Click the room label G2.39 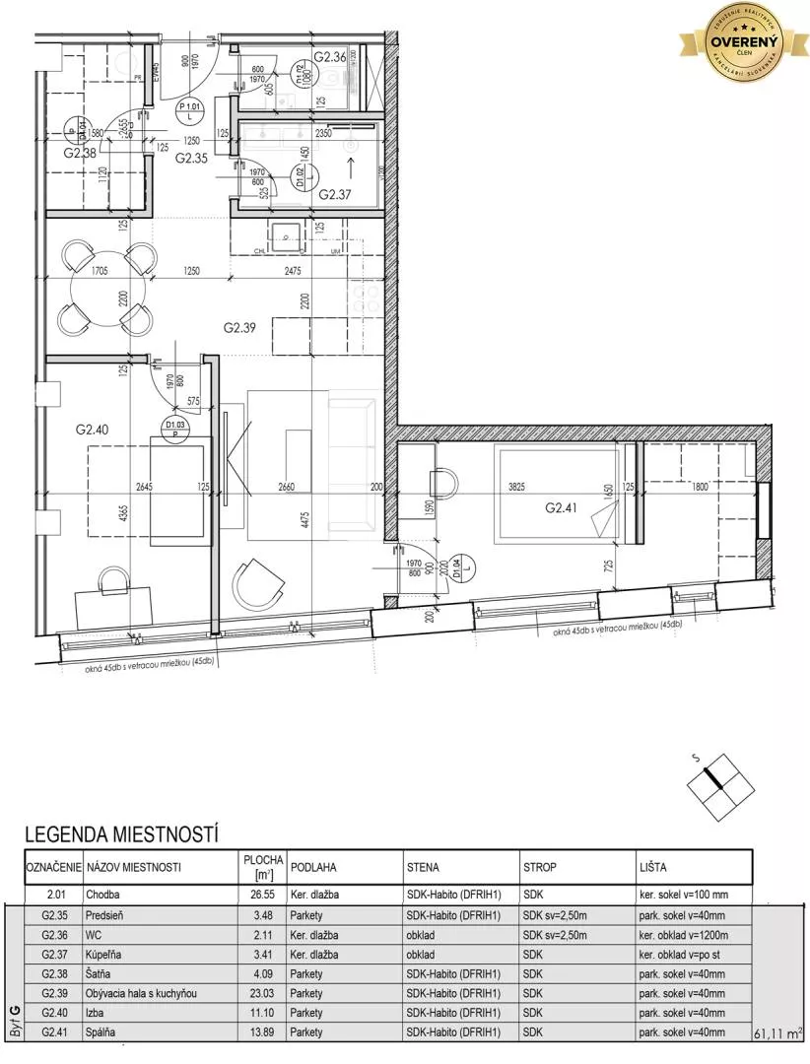click(239, 328)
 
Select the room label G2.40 click(94, 430)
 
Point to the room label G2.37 click(336, 194)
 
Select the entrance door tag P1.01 click(187, 109)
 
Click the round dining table click(108, 289)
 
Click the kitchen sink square click(287, 234)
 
